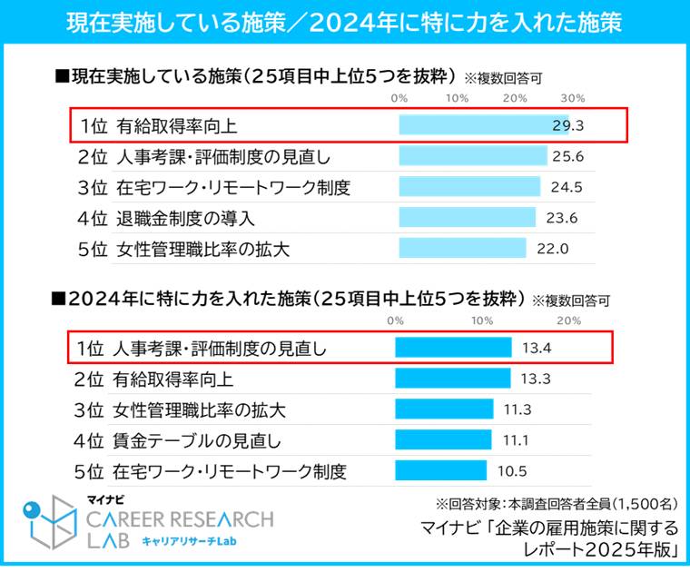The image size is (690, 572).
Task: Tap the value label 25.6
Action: point(567,156)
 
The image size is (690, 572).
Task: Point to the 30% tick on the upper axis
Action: point(573,97)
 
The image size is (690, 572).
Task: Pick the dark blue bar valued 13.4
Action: point(453,347)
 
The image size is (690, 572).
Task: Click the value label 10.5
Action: point(513,471)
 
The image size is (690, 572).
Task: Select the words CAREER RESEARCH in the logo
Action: point(180,520)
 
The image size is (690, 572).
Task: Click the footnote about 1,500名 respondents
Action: point(557,503)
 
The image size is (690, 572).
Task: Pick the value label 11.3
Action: point(517,409)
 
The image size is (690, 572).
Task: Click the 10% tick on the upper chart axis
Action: point(457,97)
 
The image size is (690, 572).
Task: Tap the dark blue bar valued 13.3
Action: point(452,378)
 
